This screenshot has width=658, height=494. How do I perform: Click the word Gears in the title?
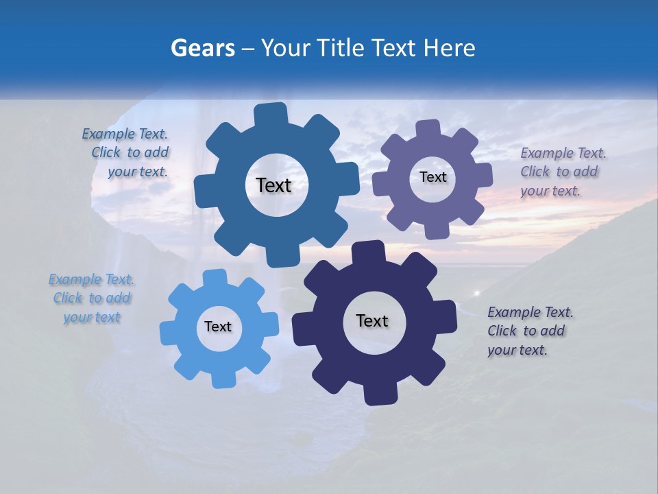pyautogui.click(x=202, y=48)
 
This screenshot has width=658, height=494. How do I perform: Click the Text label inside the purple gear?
pyautogui.click(x=432, y=177)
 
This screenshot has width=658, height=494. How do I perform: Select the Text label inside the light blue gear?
pyautogui.click(x=218, y=327)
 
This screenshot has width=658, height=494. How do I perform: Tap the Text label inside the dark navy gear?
pyautogui.click(x=372, y=320)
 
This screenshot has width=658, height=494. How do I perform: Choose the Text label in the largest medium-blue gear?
pyautogui.click(x=273, y=185)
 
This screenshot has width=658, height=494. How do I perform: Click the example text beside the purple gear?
pyautogui.click(x=562, y=172)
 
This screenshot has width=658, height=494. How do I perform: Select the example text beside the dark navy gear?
pyautogui.click(x=529, y=331)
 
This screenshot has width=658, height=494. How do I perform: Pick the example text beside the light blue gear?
pyautogui.click(x=92, y=298)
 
